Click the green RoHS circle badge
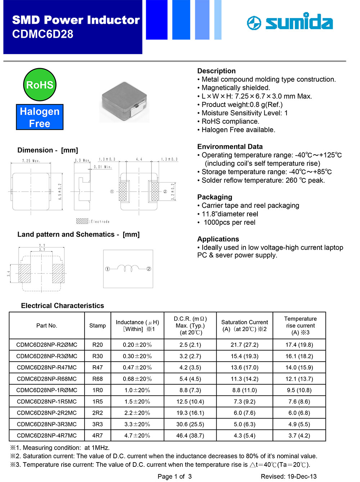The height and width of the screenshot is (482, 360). [40, 85]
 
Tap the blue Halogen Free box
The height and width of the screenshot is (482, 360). [40, 117]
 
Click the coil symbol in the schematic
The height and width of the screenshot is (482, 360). [128, 269]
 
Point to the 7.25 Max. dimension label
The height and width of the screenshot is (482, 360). [31, 161]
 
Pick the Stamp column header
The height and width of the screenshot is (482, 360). [98, 325]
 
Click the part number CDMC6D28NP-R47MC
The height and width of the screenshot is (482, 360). [47, 367]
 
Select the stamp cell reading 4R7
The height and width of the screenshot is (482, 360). [98, 436]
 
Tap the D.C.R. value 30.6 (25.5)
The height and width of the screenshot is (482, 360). [190, 424]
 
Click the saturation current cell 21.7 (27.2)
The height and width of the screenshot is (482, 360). [244, 345]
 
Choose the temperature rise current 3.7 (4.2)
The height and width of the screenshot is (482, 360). [299, 436]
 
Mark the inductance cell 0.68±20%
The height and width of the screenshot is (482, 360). [137, 379]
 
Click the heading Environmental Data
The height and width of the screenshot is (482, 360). [230, 147]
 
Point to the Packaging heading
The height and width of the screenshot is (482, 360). [215, 197]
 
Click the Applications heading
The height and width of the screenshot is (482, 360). [218, 239]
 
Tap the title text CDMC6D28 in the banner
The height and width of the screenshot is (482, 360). [43, 34]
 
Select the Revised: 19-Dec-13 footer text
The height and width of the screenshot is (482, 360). [289, 476]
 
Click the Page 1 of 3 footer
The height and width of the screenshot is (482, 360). [175, 476]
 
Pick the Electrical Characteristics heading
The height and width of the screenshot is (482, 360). [63, 305]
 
